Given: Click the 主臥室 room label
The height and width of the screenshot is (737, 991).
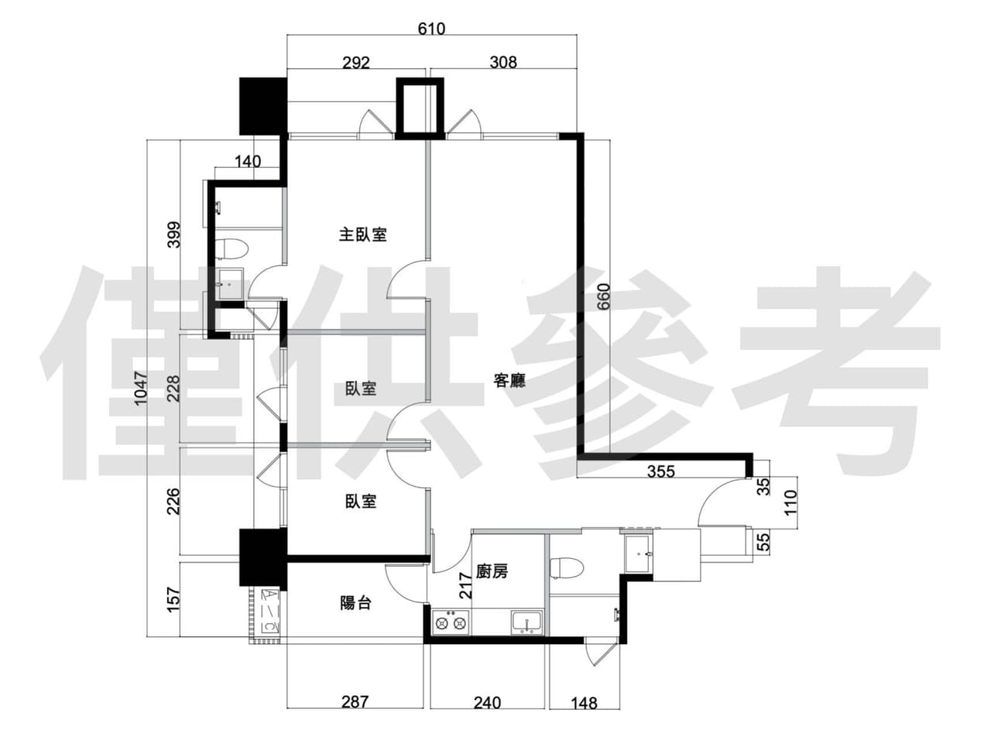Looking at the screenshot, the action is point(362,235).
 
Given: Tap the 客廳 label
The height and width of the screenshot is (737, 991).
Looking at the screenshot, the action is point(509,380).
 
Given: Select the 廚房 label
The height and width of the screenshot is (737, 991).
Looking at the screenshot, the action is point(492,571).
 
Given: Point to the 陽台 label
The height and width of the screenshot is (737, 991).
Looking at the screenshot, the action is point(355,603).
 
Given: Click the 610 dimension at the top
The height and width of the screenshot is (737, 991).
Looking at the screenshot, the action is point(431,29).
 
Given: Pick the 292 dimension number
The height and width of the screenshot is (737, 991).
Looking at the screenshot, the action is point(356,63).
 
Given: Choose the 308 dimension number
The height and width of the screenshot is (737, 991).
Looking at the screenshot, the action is point(503,63).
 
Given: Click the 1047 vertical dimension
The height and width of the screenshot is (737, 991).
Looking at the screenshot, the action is point(140,388).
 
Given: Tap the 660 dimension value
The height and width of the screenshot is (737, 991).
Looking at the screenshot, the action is point(603,297).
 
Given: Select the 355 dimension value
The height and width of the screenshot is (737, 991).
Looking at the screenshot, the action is point(661,471).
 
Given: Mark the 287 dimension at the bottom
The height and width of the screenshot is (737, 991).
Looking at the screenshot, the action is point(355,702).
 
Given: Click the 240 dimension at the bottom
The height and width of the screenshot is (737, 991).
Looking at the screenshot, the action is point(487,703).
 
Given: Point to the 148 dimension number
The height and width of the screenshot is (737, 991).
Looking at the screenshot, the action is point(584,704).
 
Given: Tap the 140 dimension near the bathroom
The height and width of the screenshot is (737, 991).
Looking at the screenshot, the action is point(248,161).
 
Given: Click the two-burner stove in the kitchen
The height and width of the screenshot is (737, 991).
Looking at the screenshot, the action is point(451,622).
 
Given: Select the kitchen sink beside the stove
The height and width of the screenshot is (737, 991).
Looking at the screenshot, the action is point(527,622).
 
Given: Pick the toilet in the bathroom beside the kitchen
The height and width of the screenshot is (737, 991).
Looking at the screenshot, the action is point(568,568).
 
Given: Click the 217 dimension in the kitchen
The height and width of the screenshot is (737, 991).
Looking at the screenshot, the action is point(465,585).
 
